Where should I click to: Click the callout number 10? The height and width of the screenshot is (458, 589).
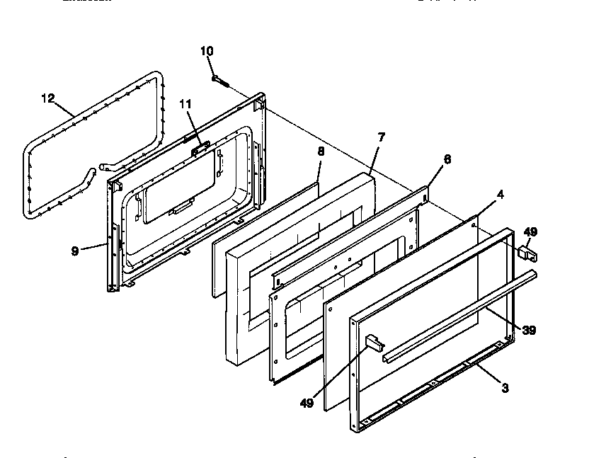pos(206,51)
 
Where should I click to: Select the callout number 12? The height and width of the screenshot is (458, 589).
pos(47,98)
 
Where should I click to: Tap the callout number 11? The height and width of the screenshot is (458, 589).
pos(185,103)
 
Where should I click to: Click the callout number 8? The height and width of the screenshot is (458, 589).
pos(321,151)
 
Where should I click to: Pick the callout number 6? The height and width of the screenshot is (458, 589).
pos(447,159)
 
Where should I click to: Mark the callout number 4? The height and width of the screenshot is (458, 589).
pos(500,193)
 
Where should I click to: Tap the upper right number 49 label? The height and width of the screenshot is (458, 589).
pos(530,231)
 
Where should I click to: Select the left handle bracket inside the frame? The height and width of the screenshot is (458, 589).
pos(373,343)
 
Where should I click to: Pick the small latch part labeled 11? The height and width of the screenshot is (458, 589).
pos(201,147)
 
